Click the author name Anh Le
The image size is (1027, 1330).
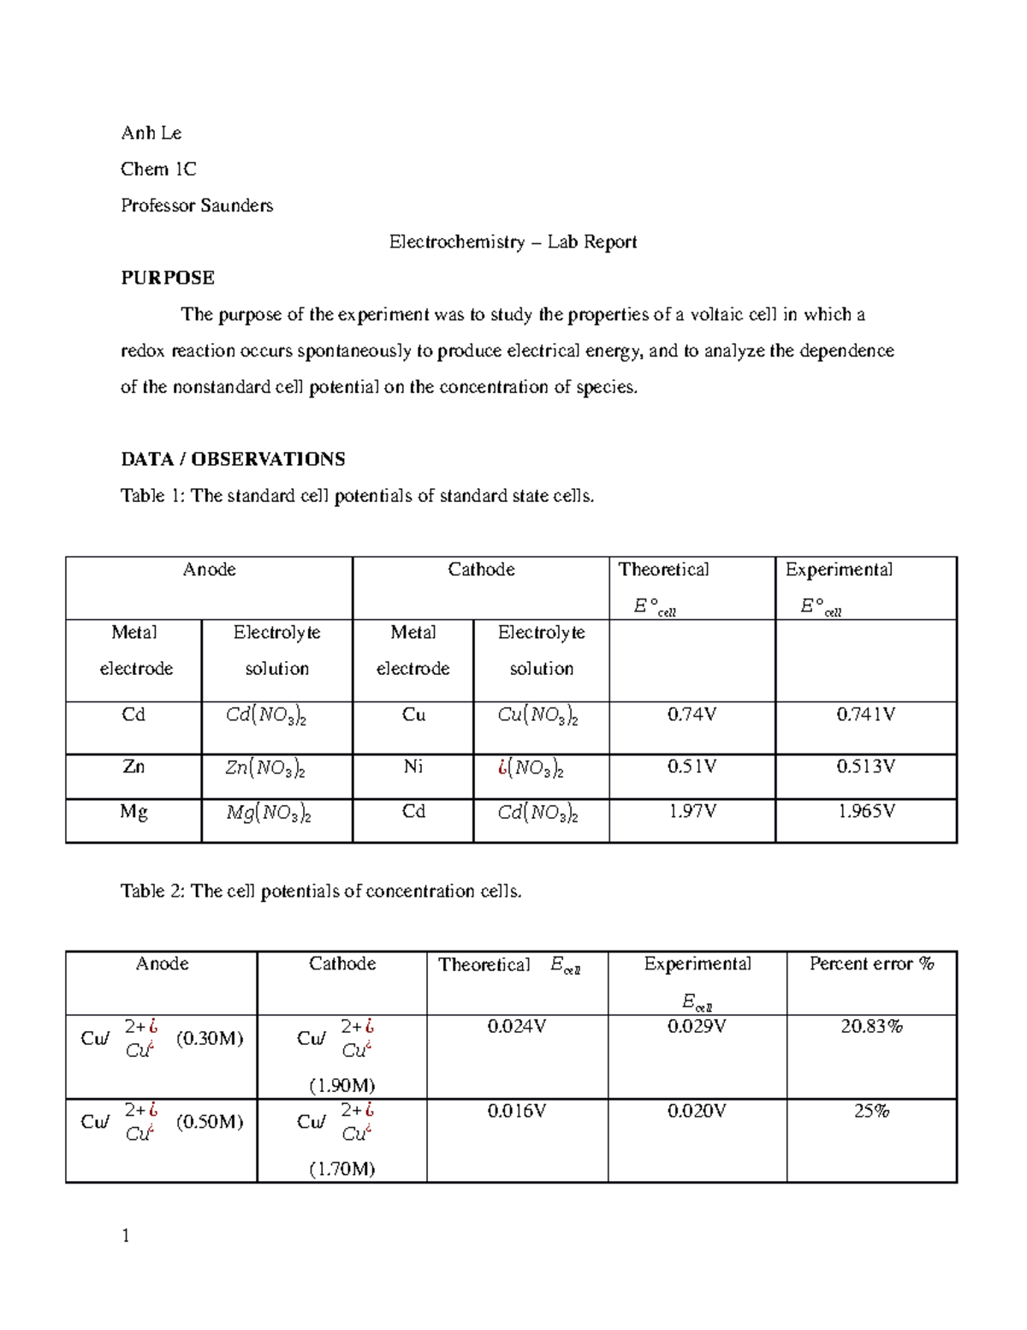pos(151,133)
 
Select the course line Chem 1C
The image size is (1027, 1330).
pos(158,169)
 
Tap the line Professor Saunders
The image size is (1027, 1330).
pos(197,206)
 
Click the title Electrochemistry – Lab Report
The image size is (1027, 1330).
pos(513,242)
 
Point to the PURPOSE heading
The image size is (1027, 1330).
pos(167,277)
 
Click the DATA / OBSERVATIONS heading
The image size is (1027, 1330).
pos(233,459)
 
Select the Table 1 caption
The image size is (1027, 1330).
pos(357,496)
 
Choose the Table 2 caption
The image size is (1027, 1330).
pos(321,891)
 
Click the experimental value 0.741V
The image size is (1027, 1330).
pos(865,714)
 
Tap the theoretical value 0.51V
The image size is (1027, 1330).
pos(692,766)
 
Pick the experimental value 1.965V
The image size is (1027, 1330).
pos(865,811)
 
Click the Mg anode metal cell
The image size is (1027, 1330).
pos(134,812)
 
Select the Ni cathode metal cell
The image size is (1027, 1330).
pos(413,766)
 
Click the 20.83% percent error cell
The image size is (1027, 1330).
pos(871,1026)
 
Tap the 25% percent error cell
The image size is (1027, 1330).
pos(871,1111)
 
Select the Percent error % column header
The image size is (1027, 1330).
pos(871,963)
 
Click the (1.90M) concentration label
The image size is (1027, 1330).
pos(341,1085)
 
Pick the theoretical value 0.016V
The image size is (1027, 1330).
pos(516,1111)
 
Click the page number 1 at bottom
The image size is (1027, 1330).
pos(126,1236)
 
